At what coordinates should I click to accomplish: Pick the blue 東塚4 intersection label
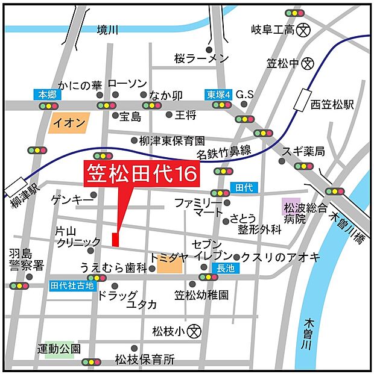click(x=217, y=94)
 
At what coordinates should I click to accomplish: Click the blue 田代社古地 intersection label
click(x=72, y=286)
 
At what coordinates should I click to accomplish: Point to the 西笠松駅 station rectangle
click(x=302, y=100)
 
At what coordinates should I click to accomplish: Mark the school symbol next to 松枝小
click(x=193, y=331)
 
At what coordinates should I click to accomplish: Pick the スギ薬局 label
click(x=308, y=151)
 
